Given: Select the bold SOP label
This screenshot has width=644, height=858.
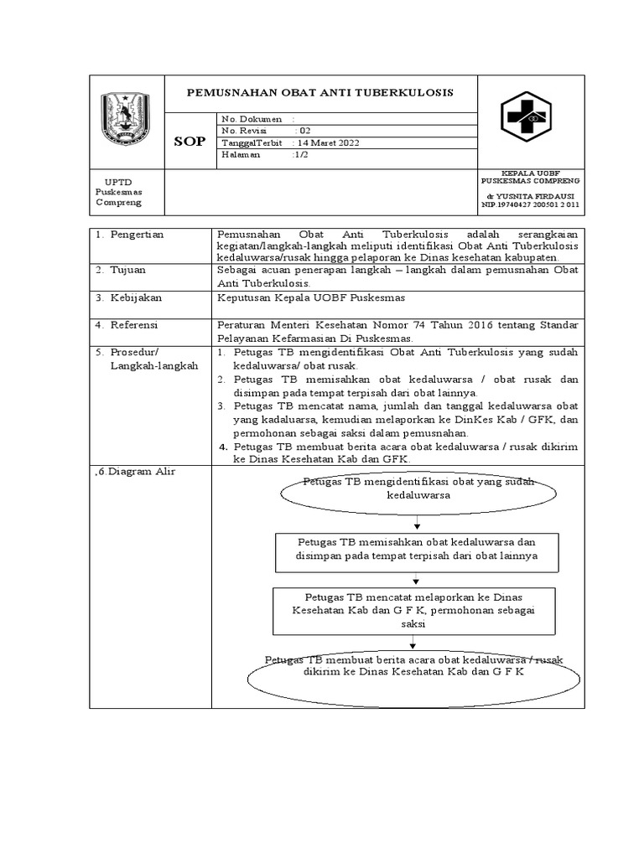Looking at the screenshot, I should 190,142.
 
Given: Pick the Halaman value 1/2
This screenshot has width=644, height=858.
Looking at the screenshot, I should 300,155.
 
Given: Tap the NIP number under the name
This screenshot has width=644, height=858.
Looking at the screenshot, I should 530,204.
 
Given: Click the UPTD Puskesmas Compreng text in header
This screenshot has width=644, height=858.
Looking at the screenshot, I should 118,192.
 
